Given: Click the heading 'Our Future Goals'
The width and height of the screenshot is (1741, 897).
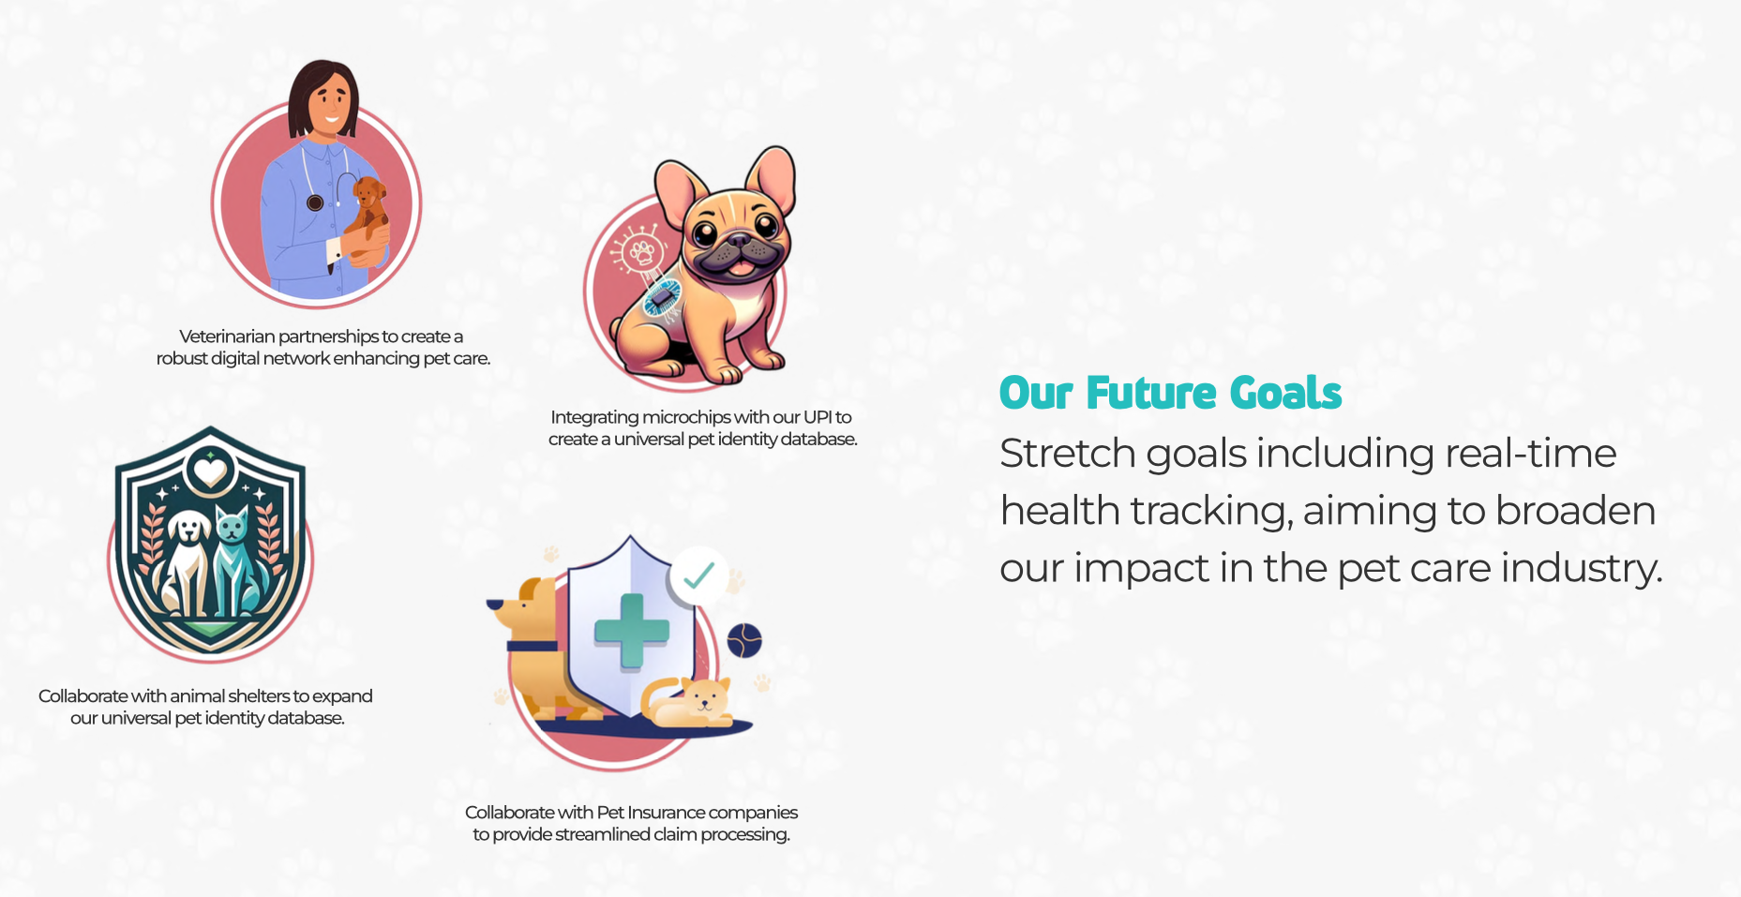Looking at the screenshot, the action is (1170, 393).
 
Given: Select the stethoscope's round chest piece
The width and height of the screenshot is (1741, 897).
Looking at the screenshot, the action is (315, 202).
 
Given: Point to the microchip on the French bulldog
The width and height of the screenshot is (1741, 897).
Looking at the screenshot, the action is (662, 299).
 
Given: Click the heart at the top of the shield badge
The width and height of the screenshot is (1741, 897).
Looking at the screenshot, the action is (210, 468).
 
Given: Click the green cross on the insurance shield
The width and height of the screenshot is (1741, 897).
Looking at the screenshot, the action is (631, 631).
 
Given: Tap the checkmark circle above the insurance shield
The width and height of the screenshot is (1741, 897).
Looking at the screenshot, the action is (698, 575).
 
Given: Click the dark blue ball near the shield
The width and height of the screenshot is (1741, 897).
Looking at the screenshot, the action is (744, 640).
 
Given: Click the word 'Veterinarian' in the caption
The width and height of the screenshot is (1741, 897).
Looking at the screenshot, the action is (227, 336).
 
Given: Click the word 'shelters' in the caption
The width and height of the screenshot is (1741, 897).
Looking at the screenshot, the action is (258, 696).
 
